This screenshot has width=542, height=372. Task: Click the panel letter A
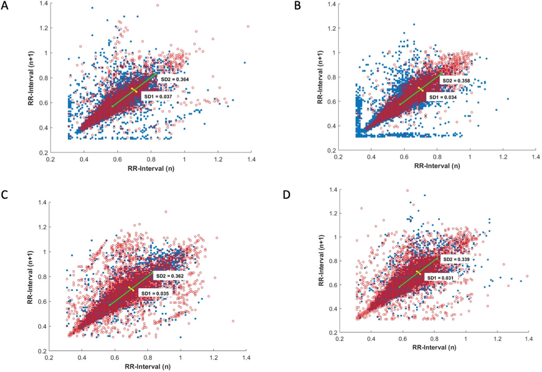coord(5,5)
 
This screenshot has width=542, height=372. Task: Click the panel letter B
coord(297,5)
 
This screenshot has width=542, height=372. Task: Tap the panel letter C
coord(5,195)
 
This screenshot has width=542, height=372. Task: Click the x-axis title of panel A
coord(151,168)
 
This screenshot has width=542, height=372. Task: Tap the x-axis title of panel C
coord(148,367)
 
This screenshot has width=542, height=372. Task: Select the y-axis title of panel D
coord(321,260)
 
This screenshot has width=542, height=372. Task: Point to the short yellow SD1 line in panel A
coord(134,90)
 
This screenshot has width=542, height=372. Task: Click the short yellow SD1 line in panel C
coord(131,289)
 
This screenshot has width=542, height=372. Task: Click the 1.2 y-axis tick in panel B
coord(333,28)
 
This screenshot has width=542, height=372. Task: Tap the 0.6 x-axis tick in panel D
coord(403,339)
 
